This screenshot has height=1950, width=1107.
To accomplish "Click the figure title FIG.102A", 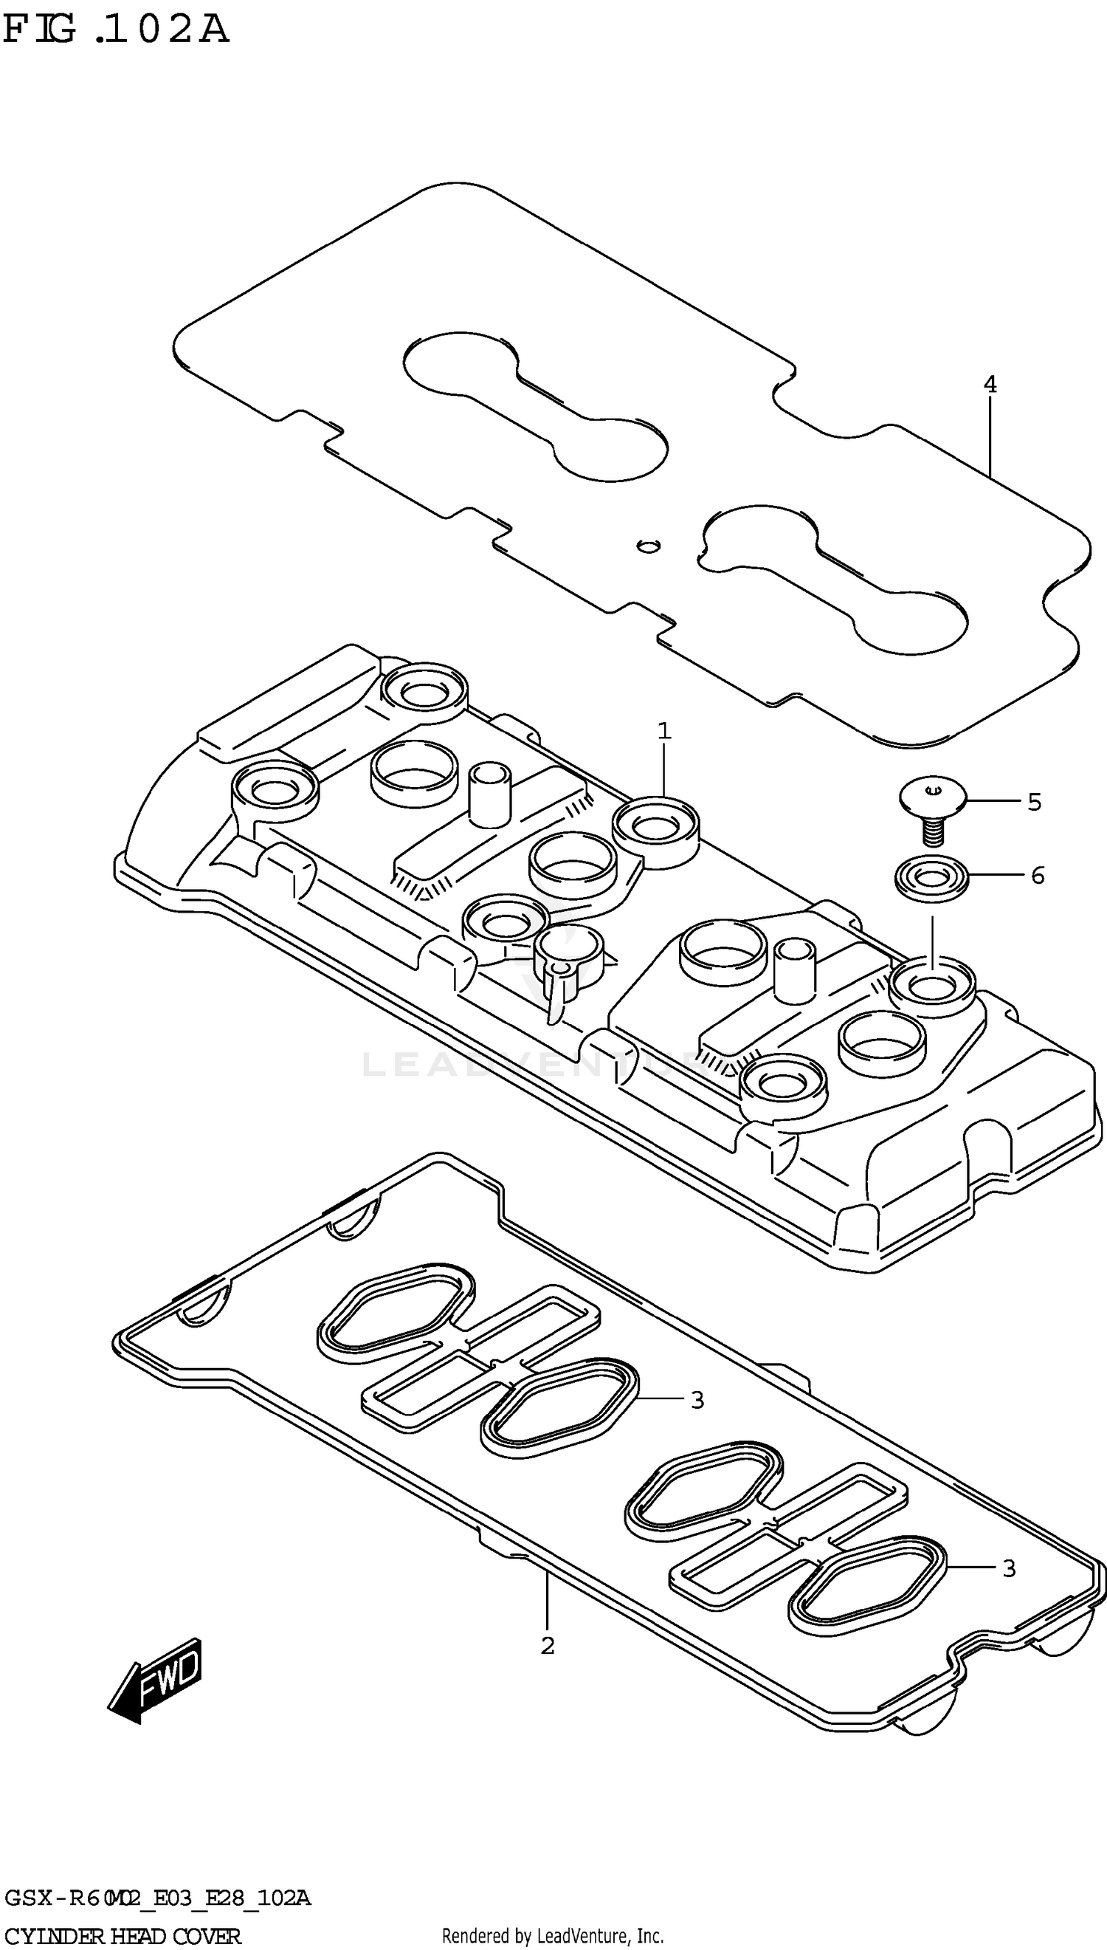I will [116, 30].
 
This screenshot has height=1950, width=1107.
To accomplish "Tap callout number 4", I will [989, 385].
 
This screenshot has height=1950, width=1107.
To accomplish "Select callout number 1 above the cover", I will [663, 732].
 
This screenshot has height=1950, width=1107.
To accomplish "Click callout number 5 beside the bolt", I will [1034, 802].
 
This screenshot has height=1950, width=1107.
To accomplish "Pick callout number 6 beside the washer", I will [1038, 876].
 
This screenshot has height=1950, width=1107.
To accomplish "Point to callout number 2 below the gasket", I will [548, 1646].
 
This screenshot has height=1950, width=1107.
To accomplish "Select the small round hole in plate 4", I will [648, 546].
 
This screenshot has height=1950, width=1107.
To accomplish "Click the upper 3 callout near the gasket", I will [697, 1399].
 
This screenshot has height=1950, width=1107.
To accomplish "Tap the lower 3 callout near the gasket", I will [1008, 1568].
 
